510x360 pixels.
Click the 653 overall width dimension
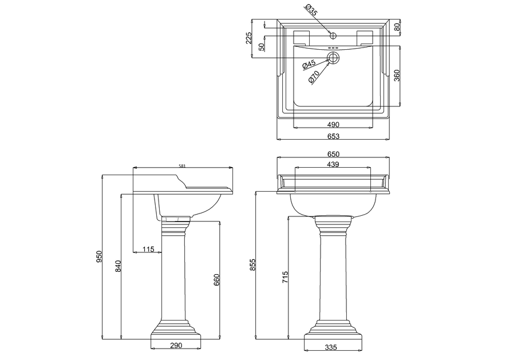click(x=333, y=136)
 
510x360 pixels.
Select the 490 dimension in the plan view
click(x=333, y=124)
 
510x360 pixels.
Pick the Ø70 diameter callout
click(x=314, y=78)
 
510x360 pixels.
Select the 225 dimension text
click(x=249, y=38)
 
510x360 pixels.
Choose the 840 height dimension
click(x=118, y=266)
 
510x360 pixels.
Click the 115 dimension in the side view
click(x=148, y=249)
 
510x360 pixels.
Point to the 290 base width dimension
click(x=175, y=346)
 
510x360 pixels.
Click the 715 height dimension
click(x=285, y=278)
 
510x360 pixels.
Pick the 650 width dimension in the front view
click(x=333, y=154)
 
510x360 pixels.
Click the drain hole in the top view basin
click(x=333, y=57)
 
